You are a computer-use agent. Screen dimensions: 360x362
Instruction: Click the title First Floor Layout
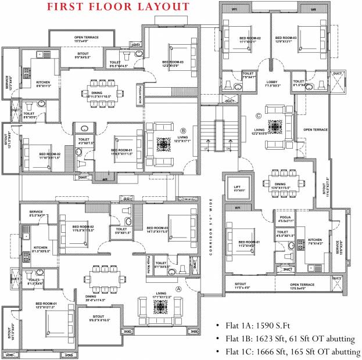coord(118,8)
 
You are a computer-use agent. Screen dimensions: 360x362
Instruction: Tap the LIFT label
coord(237,188)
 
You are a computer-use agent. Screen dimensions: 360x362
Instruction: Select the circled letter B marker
coord(183,130)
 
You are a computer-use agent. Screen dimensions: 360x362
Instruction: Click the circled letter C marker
coord(258,114)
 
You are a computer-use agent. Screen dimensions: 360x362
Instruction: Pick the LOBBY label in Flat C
coord(273,82)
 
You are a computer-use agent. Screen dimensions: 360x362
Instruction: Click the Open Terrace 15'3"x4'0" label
coord(87,39)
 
